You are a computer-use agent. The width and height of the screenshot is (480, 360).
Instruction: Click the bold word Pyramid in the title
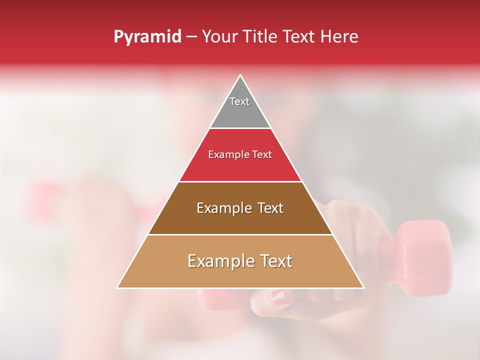point(147,37)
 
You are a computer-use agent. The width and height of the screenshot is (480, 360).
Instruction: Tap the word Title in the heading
point(261,37)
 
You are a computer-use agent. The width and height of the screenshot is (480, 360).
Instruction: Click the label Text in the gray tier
point(239,101)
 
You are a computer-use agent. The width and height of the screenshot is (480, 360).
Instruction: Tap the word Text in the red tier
point(261,155)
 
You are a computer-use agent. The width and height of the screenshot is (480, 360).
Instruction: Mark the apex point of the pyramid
point(240,75)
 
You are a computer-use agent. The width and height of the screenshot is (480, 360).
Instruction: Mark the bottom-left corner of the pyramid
point(117,288)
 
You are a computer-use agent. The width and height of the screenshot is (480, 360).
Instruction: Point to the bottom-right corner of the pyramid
point(364,288)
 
